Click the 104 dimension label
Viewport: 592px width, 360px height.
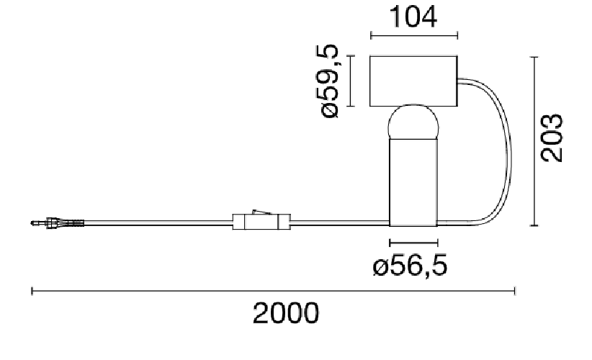point(414,17)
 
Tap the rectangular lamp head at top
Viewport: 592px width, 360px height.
point(414,81)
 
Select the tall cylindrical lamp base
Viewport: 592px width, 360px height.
point(413,180)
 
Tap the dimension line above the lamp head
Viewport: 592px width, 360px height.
point(414,35)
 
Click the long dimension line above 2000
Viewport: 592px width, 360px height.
point(274,291)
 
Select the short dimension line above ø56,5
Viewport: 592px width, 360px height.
point(413,243)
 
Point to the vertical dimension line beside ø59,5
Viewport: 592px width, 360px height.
point(349,81)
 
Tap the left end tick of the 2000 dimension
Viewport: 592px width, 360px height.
point(32,291)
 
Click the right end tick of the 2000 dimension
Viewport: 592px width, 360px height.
point(515,291)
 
